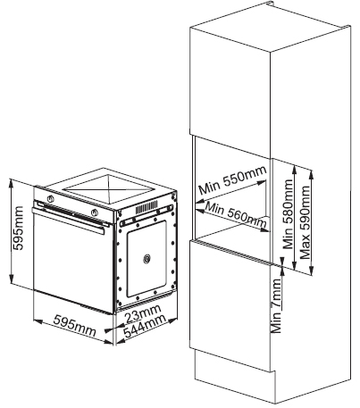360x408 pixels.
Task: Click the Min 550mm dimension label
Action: click(232, 179)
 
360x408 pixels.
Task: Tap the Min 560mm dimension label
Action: click(236, 214)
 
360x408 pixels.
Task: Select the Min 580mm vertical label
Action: click(288, 213)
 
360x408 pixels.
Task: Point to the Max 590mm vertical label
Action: click(305, 222)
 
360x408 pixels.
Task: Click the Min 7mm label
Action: click(276, 306)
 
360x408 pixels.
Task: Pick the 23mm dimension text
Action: click(143, 313)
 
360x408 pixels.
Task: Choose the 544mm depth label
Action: click(145, 326)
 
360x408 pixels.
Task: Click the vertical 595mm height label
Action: click(17, 229)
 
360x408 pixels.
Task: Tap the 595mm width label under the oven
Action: click(74, 326)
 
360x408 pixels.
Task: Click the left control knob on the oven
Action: click(51, 198)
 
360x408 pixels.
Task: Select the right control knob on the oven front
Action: click(95, 212)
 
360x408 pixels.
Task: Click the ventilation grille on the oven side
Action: click(147, 207)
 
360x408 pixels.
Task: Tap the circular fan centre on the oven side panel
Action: click(147, 259)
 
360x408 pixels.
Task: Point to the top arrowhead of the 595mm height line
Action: click(12, 183)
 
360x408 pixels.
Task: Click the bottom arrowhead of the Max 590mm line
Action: click(312, 271)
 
